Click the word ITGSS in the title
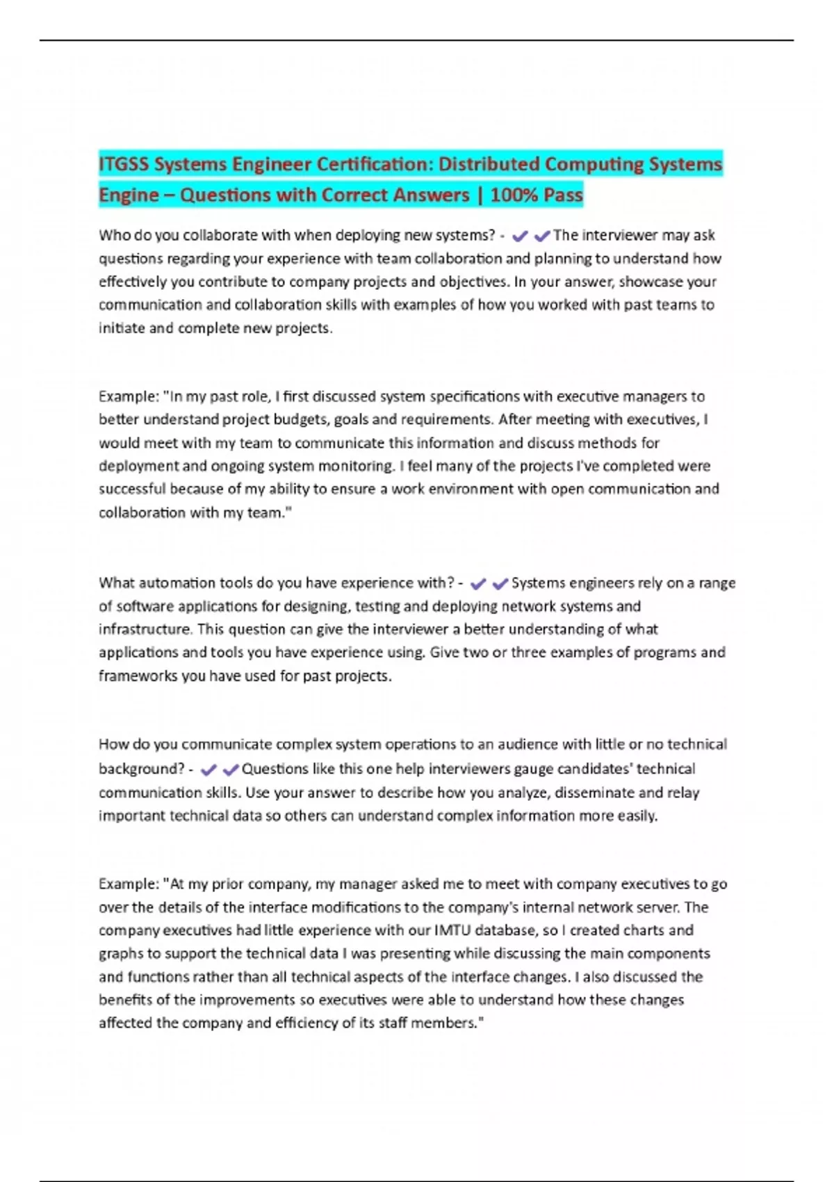[x=124, y=165]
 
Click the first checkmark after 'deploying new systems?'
[x=519, y=236]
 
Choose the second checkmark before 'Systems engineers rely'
[x=500, y=583]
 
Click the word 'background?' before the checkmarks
[x=141, y=769]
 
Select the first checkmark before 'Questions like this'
[x=208, y=770]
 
